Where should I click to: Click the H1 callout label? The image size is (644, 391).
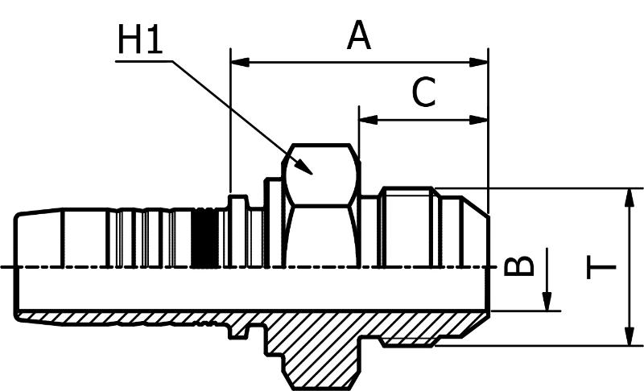click(x=140, y=39)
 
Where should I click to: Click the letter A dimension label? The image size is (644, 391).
click(x=358, y=35)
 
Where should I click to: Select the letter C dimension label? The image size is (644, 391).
click(x=423, y=92)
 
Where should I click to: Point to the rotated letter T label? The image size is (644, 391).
click(x=601, y=267)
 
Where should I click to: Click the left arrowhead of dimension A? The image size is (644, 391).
click(x=240, y=63)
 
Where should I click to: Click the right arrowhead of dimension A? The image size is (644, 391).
click(x=479, y=63)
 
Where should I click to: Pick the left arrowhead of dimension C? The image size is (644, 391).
click(x=369, y=120)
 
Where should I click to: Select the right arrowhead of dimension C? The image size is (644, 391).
click(x=479, y=120)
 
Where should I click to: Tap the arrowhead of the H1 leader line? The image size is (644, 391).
click(x=304, y=167)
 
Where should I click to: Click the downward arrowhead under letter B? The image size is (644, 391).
click(x=547, y=301)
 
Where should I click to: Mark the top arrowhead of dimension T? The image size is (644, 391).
click(x=629, y=198)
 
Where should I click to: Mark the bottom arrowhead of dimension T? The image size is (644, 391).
click(x=629, y=336)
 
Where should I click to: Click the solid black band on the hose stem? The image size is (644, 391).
click(x=205, y=238)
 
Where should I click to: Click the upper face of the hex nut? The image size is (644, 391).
click(x=321, y=175)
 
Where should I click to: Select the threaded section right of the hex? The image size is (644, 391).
click(x=407, y=228)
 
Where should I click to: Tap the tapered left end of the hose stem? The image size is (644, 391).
click(x=39, y=239)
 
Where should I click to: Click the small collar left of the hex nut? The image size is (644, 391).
click(x=238, y=232)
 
